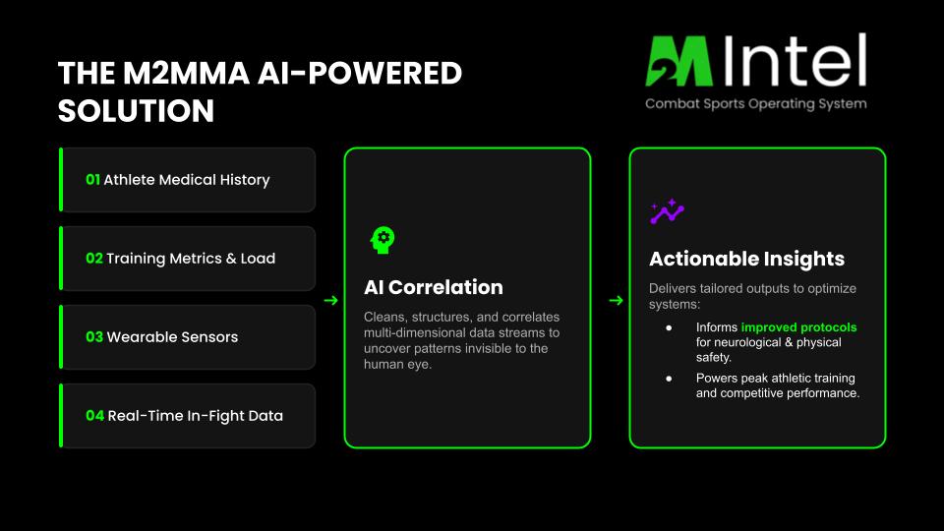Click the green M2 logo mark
coord(679,61)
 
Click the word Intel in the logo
coord(795,60)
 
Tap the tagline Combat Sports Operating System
coord(756,103)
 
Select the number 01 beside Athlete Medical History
coord(92,179)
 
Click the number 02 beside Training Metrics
coord(94,259)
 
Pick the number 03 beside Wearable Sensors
coord(94,336)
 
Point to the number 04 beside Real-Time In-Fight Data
coord(94,415)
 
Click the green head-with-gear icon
coord(383,240)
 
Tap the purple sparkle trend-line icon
coord(667,211)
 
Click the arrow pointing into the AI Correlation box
coord(330,300)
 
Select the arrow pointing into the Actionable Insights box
coord(616,300)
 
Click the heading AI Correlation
coord(434,287)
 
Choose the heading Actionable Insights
coord(746,259)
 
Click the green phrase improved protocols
coord(798,326)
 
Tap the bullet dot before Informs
coord(669,327)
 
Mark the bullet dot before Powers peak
coord(669,379)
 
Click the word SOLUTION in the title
coord(136,111)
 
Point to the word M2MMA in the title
coord(186,74)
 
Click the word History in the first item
coord(245,180)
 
